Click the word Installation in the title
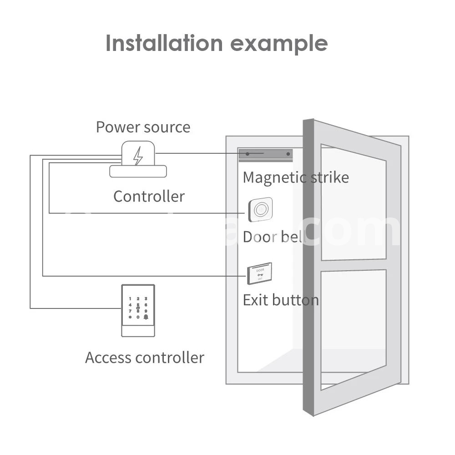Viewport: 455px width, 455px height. [164, 43]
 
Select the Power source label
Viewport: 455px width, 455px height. [143, 127]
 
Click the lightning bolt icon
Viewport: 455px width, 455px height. [137, 156]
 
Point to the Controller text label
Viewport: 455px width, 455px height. [149, 197]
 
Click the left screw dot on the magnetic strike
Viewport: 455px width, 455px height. [248, 154]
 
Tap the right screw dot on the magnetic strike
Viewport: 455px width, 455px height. [288, 154]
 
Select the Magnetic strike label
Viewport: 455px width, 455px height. [296, 177]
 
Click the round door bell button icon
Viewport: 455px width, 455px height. [260, 210]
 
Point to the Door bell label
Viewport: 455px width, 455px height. [272, 237]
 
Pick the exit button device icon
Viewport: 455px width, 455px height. [259, 273]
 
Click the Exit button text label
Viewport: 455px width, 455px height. [280, 300]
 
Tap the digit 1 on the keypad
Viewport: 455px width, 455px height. [131, 299]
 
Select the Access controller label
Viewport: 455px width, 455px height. [145, 358]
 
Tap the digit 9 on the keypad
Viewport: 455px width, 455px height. [146, 310]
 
